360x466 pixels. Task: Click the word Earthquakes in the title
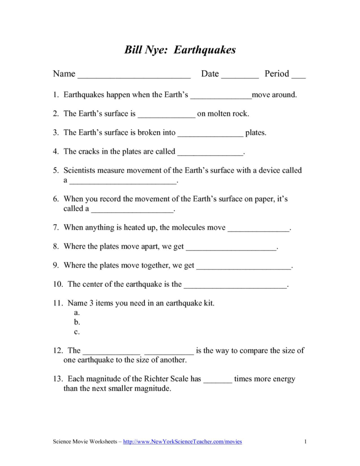(205, 50)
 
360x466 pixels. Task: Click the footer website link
(182, 441)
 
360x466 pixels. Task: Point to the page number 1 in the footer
(305, 441)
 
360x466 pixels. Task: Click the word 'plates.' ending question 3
(256, 133)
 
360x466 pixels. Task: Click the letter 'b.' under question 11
(77, 322)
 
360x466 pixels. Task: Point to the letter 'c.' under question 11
(77, 331)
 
